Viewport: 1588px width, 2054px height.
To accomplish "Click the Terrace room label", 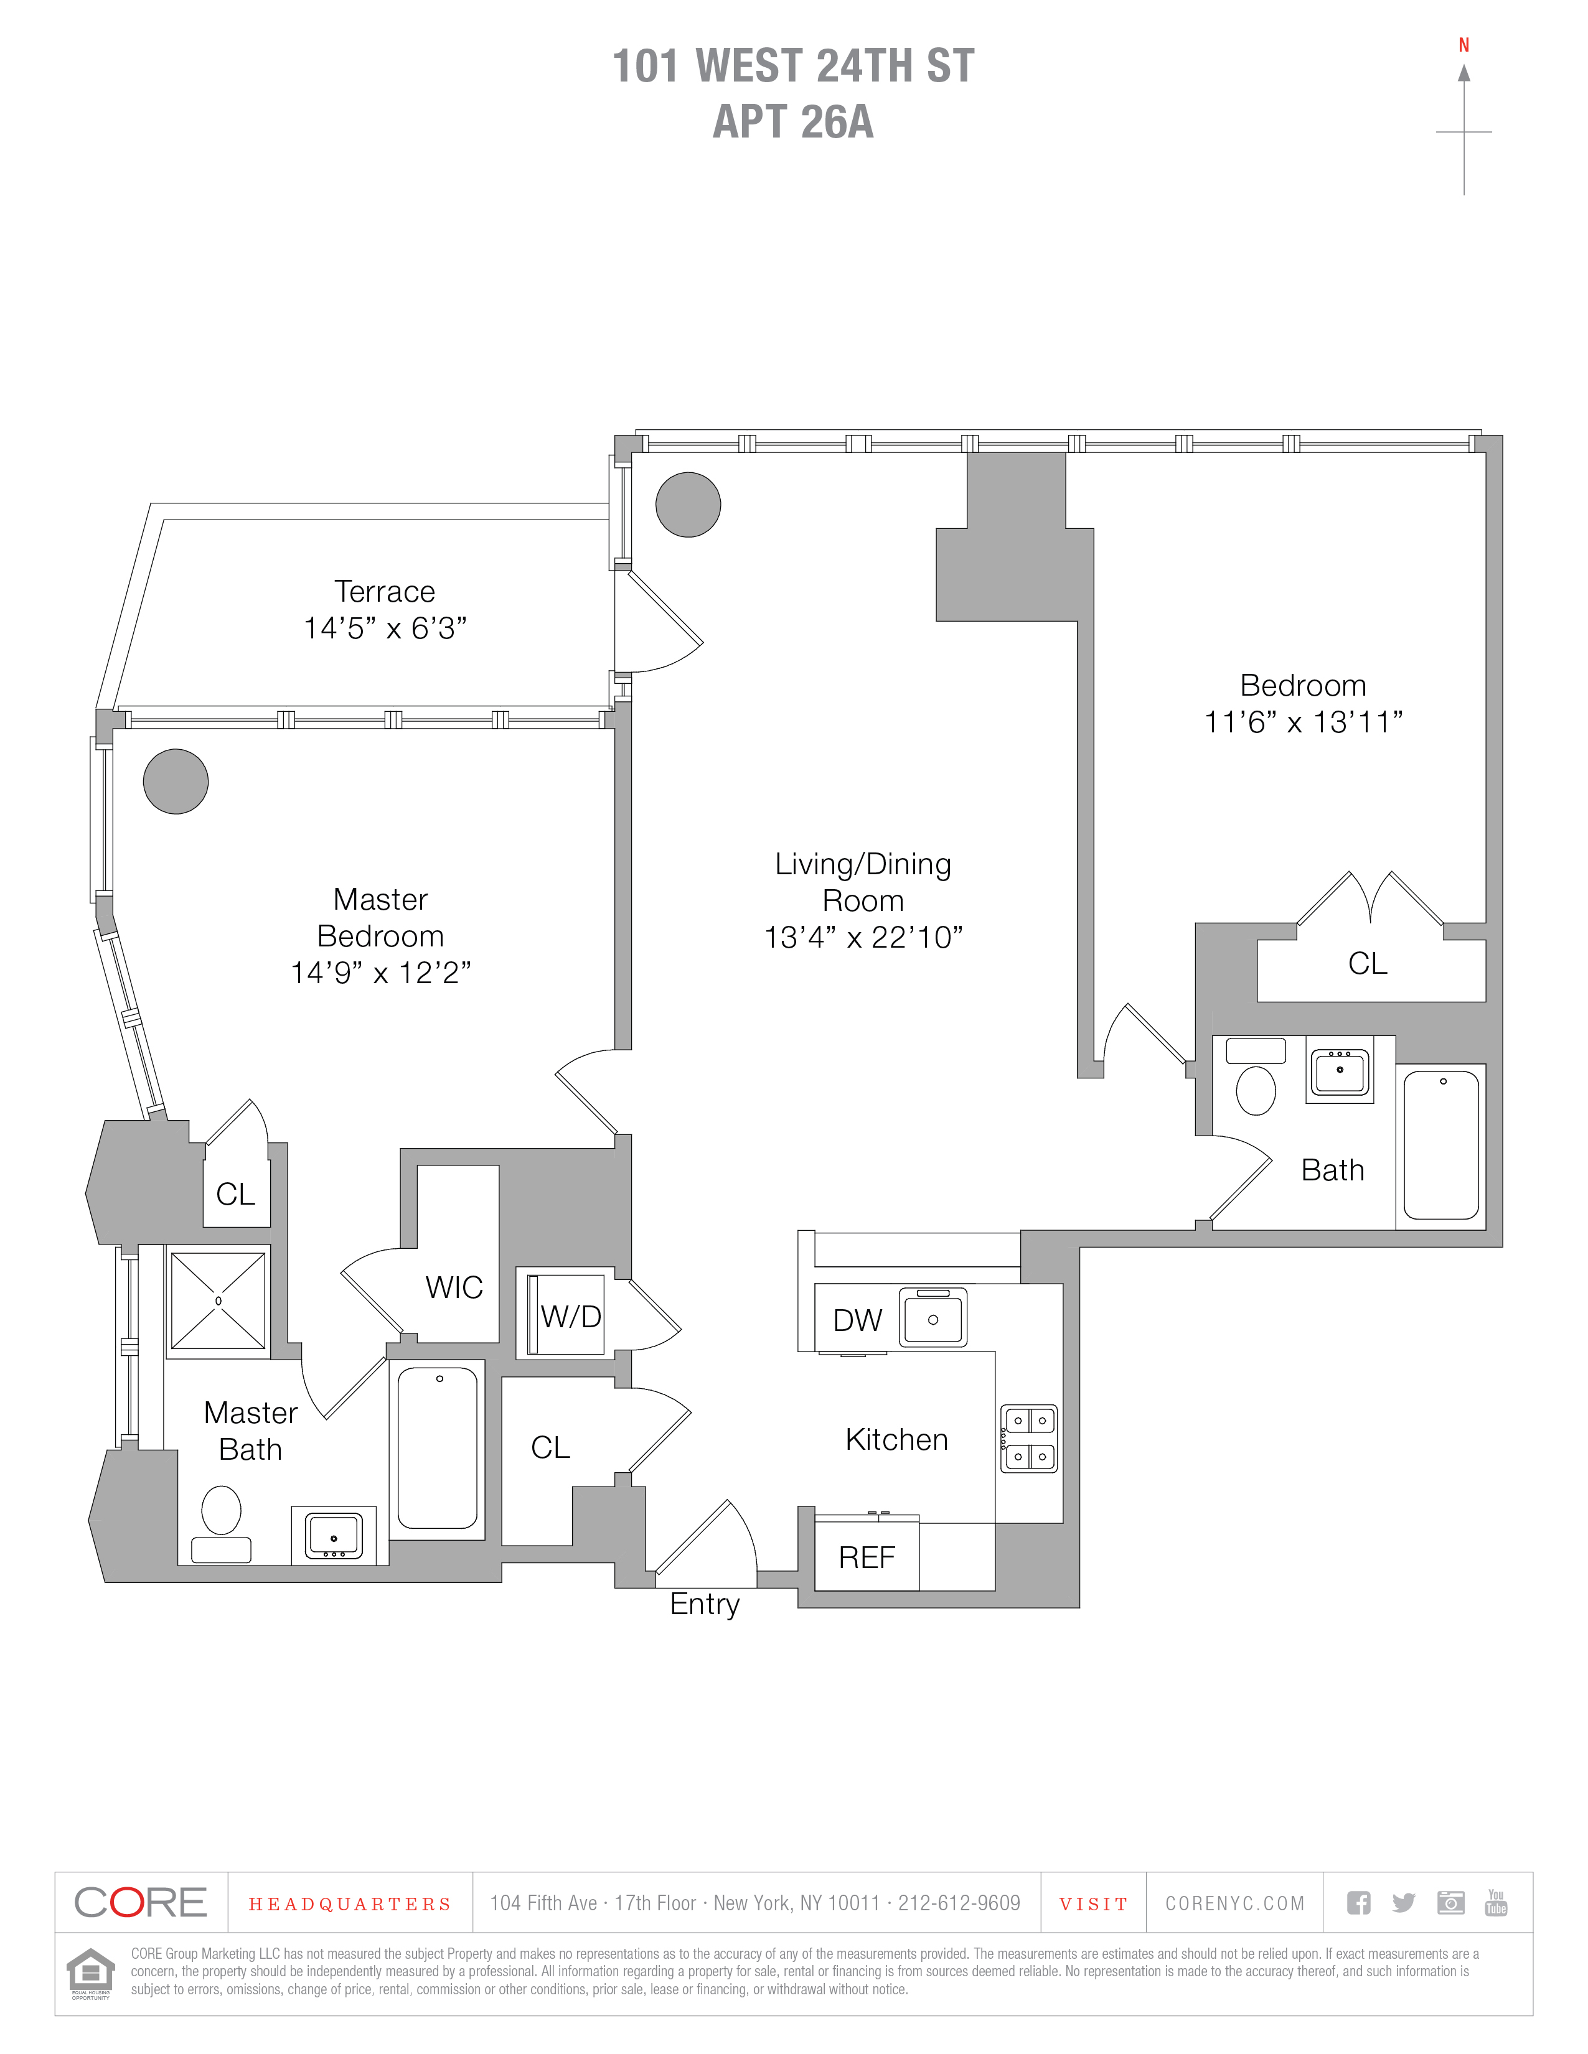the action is tap(385, 592).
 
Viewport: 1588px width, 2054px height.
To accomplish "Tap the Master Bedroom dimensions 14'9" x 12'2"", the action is tap(380, 973).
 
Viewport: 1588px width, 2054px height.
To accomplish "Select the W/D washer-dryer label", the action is tap(570, 1317).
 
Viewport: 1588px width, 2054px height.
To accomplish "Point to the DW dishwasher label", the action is tap(857, 1320).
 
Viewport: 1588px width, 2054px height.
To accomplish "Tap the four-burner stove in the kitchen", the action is tap(1029, 1438).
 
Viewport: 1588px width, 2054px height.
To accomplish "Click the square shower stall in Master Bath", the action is tap(218, 1300).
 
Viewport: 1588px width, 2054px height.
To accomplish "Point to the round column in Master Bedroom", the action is tap(176, 782).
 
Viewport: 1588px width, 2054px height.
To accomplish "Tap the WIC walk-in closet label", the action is tap(453, 1287).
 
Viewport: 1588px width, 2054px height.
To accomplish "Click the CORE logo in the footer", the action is tap(140, 1903).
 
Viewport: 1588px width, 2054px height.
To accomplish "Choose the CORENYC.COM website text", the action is tap(1234, 1903).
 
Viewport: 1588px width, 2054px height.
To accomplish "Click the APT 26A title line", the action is tap(793, 122).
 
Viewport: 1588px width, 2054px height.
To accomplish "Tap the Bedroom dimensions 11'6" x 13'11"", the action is tap(1303, 722).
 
